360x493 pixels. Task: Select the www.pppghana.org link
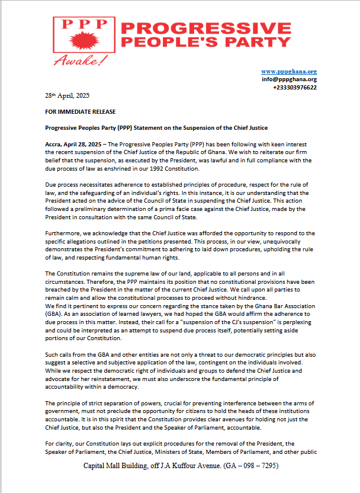point(289,71)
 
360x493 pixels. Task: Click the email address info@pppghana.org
point(289,79)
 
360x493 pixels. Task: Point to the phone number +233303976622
point(295,87)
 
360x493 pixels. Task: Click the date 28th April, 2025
point(67,95)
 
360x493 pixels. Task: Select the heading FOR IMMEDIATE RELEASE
point(80,111)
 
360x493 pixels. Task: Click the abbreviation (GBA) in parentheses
point(53,313)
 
